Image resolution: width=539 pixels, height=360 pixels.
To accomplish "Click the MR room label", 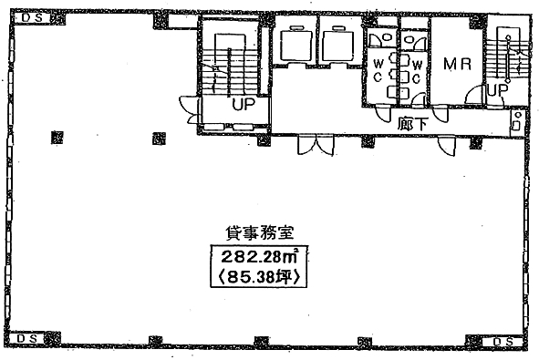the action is coord(457,64).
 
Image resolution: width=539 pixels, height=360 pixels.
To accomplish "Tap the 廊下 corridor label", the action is coord(412,124).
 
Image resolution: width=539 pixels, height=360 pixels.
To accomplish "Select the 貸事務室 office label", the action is coord(260,233).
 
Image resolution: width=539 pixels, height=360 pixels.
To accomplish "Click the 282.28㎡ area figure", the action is coord(259,256).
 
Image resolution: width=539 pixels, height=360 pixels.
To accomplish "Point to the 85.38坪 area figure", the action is coord(258,277).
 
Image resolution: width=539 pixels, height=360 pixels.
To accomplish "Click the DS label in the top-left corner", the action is coord(33,18).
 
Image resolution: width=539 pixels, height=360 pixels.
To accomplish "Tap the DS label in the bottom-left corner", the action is coord(27,338).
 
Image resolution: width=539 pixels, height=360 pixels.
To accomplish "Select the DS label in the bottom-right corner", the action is coord(503,342).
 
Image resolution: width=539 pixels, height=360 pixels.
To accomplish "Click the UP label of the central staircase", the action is coord(244,104).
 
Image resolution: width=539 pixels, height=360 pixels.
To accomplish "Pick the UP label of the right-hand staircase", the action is coord(498,90).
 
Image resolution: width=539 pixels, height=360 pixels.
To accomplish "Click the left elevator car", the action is coord(296,45).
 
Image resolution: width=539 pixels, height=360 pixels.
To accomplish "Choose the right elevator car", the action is coord(339,45).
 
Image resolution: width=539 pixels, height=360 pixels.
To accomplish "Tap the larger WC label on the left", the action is coord(378,70).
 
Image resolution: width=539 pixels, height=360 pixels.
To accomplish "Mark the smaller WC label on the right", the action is coord(417,72).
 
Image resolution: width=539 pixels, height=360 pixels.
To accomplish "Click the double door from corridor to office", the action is coord(316,145).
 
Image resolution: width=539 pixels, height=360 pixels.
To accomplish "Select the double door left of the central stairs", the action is coord(189,109).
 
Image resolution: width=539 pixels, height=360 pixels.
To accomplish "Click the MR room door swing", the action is coord(473,94).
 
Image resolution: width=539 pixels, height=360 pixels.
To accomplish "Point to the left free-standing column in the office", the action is coord(57,138).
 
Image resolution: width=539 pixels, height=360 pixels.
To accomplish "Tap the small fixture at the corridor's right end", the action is coord(517,121).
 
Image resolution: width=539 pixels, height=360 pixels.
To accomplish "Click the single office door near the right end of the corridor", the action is coord(447,146).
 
